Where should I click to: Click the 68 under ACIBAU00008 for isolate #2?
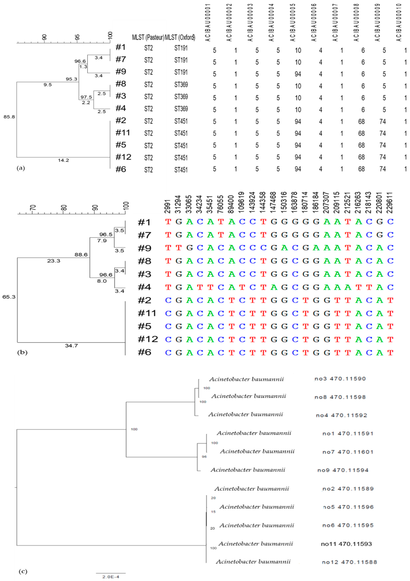pyautogui.click(x=362, y=122)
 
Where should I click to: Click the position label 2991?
pyautogui.click(x=168, y=206)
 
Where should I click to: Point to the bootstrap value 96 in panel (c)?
pyautogui.click(x=204, y=457)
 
